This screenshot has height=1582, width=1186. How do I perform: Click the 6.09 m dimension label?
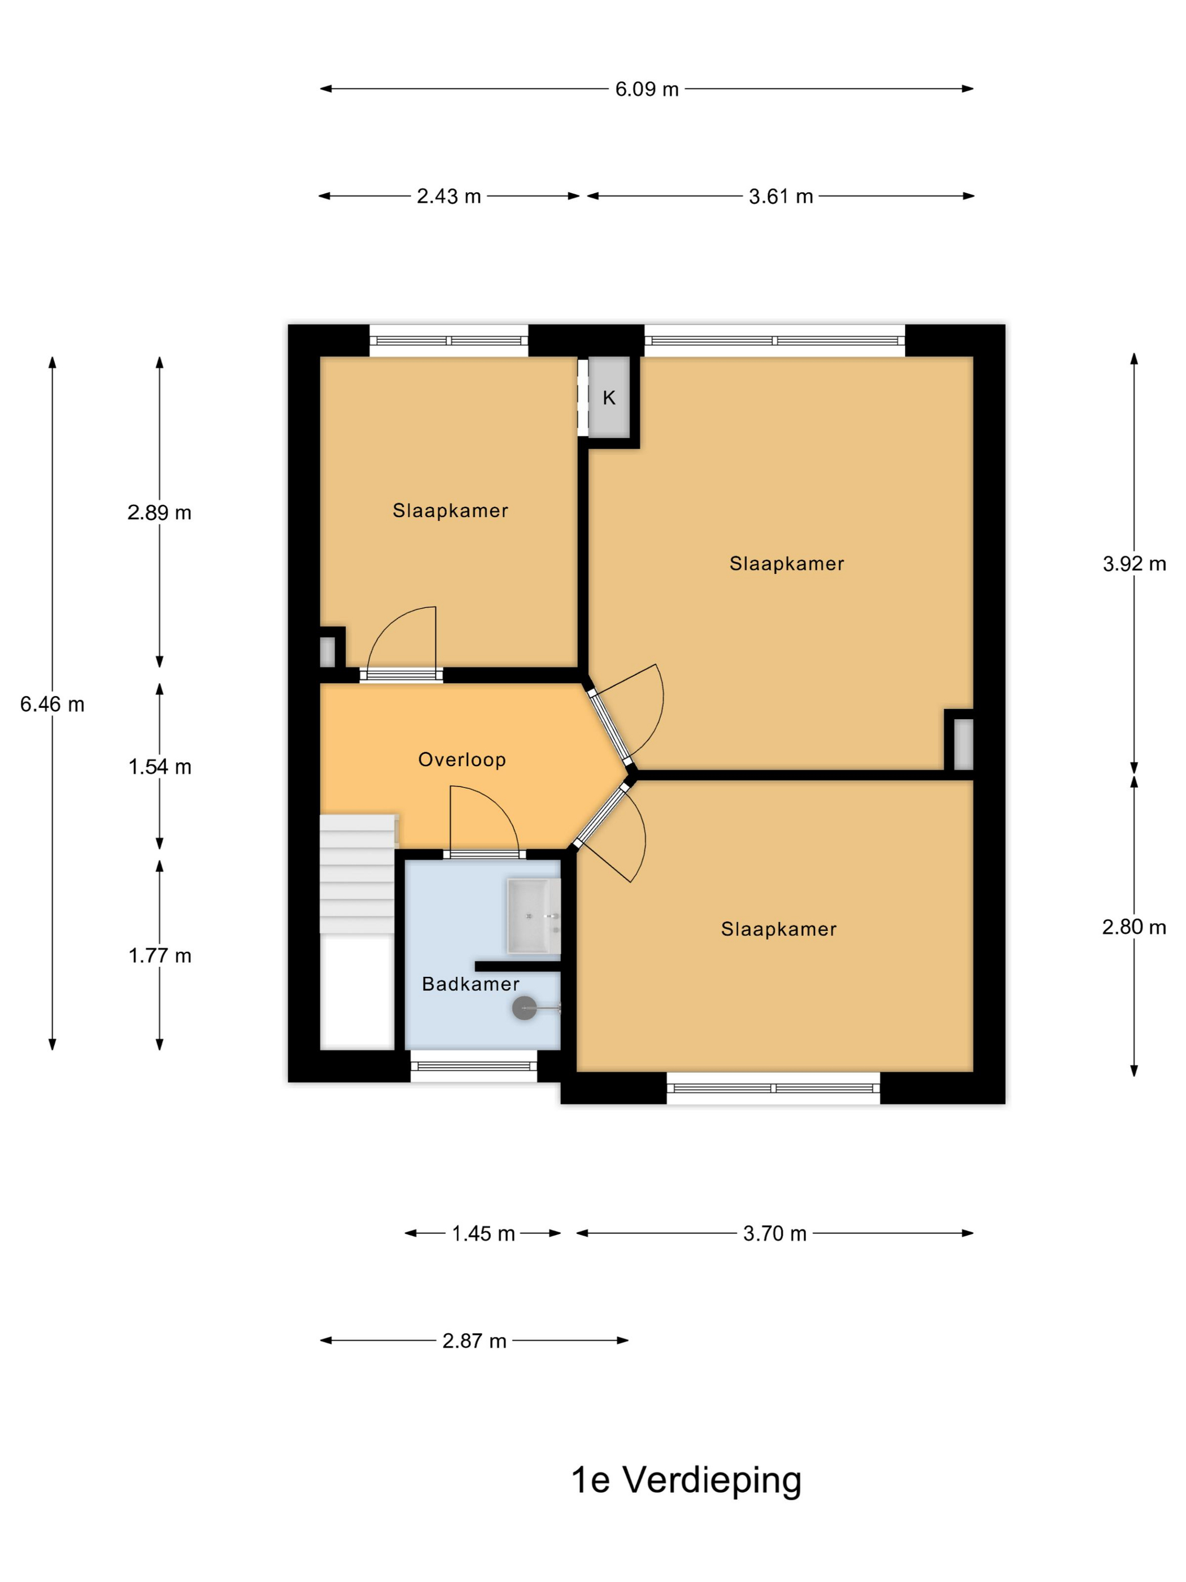point(646,89)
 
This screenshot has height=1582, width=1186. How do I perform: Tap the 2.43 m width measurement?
point(448,196)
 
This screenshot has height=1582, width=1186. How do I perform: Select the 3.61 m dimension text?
point(780,196)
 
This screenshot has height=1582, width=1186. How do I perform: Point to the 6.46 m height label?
point(52,705)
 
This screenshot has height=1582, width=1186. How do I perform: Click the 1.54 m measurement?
point(159,767)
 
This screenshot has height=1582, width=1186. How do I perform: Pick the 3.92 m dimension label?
point(1134,563)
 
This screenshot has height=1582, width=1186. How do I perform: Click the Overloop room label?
point(462,759)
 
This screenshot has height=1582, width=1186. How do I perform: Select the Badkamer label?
point(470,984)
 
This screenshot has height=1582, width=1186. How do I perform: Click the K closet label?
point(609,398)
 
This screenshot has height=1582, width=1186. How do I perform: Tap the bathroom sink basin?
point(533,916)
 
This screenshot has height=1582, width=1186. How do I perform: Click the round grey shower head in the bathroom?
point(524,1009)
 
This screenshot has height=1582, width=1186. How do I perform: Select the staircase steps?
point(357,874)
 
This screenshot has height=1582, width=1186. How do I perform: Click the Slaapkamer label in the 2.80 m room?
point(778,929)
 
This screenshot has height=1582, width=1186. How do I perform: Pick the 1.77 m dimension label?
point(159,955)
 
